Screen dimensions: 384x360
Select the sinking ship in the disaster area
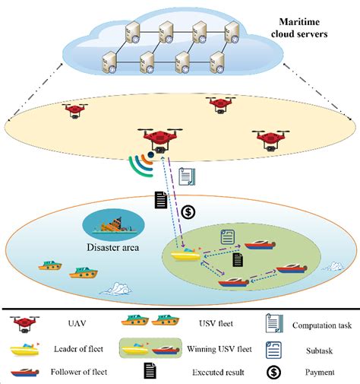(x=104, y=224)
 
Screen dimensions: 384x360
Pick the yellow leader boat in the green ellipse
(x=185, y=256)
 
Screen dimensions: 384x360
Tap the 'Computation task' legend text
(x=321, y=325)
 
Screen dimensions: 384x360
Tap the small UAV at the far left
(x=74, y=110)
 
